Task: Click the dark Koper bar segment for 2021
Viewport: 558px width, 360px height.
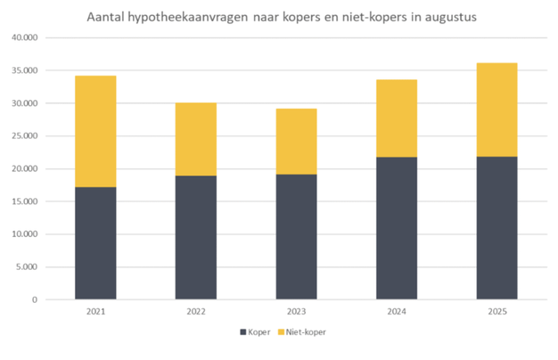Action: click(x=95, y=243)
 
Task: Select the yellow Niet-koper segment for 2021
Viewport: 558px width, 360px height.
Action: click(x=95, y=131)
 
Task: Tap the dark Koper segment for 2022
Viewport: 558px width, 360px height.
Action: click(x=195, y=238)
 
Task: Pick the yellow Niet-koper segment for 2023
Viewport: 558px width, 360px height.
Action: click(x=296, y=141)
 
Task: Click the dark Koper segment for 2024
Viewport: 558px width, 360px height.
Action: click(x=397, y=228)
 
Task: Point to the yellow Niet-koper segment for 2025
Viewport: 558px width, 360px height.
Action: click(x=496, y=110)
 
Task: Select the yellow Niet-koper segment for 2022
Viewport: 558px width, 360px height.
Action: click(x=195, y=139)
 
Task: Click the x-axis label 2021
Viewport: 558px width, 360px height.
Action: click(x=95, y=312)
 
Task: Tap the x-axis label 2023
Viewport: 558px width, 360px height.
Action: click(x=296, y=312)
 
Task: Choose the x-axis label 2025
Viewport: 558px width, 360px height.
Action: click(x=496, y=312)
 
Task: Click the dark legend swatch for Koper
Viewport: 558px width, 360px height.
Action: click(x=242, y=332)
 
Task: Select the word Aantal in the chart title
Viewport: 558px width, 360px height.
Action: click(x=107, y=17)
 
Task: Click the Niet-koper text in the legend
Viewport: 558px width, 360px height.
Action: click(x=307, y=332)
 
